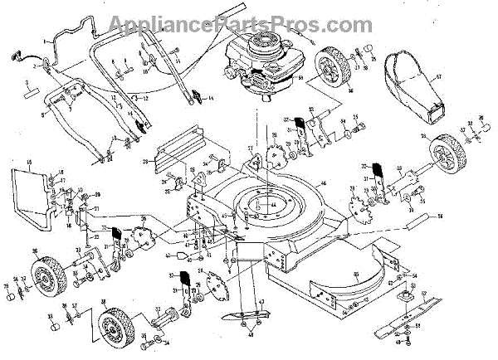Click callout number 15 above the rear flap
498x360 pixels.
point(30,163)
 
